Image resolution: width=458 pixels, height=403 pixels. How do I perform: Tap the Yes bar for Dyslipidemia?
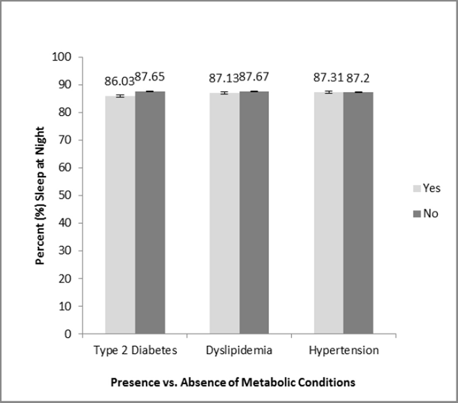pyautogui.click(x=224, y=213)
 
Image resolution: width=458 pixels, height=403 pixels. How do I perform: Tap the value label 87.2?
pyautogui.click(x=359, y=77)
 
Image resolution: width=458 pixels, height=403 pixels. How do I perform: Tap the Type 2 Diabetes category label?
pyautogui.click(x=135, y=351)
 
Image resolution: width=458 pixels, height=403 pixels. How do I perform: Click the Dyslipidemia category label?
pyautogui.click(x=239, y=351)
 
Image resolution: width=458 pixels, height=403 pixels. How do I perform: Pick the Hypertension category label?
pyautogui.click(x=344, y=351)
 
